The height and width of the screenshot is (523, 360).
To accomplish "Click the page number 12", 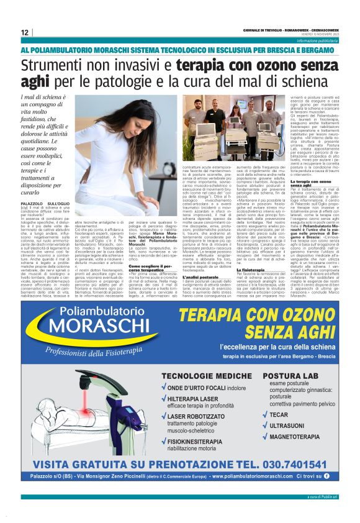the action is (24, 32).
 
